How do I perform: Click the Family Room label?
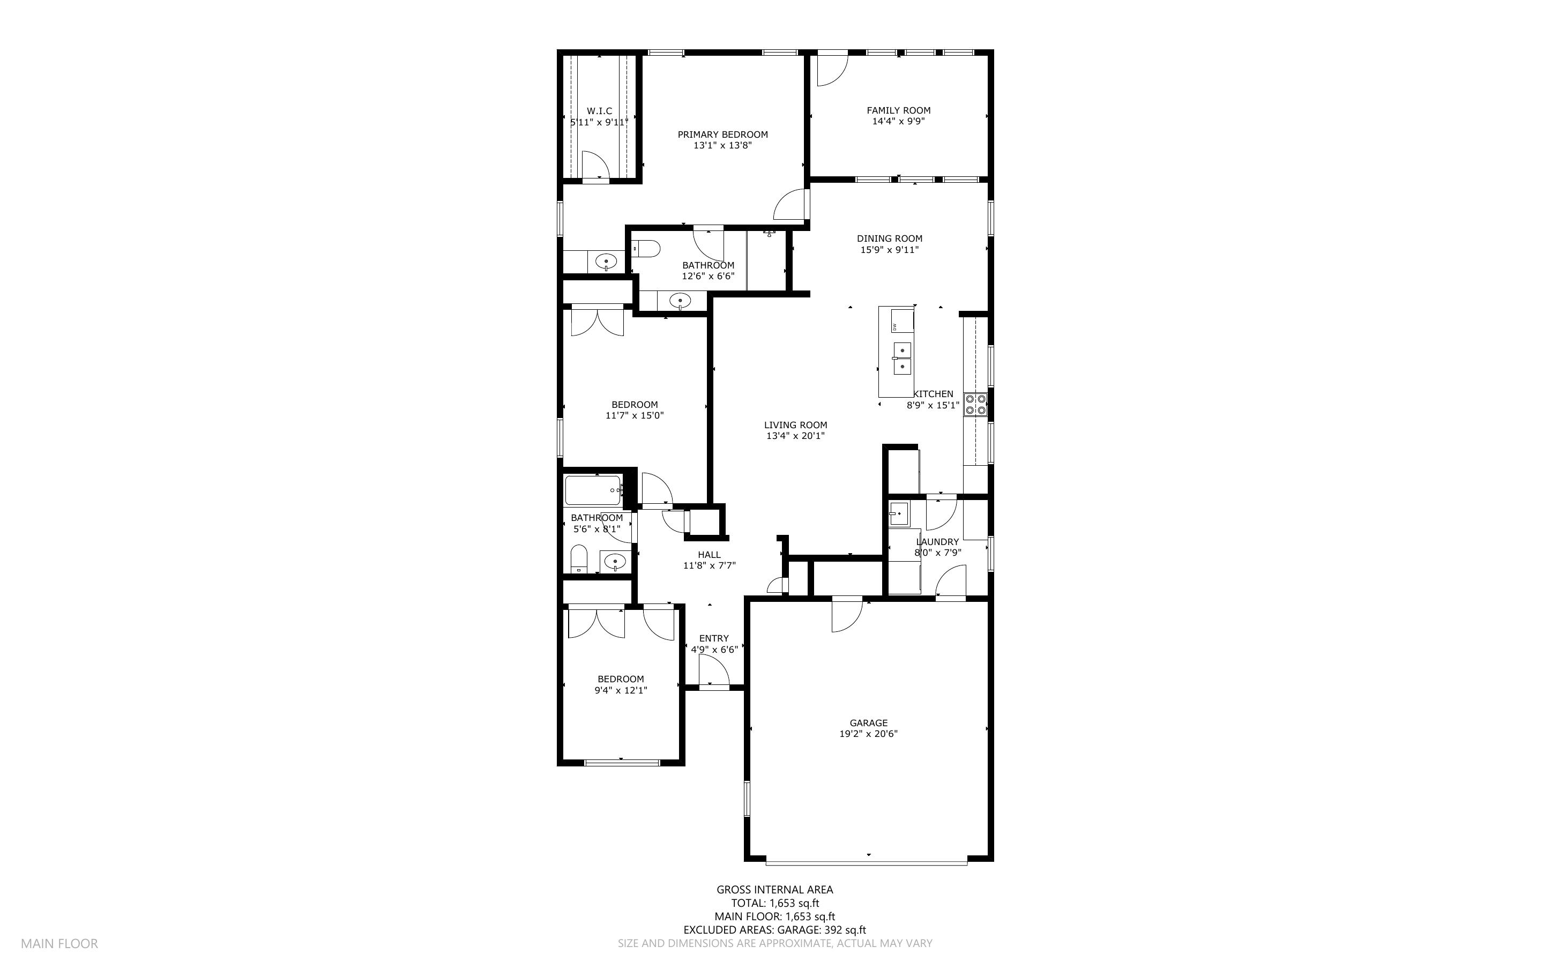click(898, 110)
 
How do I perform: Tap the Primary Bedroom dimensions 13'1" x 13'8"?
click(722, 145)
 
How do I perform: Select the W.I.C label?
click(599, 111)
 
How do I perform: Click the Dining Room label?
click(889, 238)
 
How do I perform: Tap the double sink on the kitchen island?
click(901, 358)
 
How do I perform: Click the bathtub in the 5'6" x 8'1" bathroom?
click(594, 490)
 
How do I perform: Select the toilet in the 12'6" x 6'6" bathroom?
click(646, 249)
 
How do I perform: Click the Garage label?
click(868, 723)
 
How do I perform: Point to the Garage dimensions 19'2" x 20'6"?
click(868, 734)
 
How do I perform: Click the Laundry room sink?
click(898, 514)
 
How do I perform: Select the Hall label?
click(709, 555)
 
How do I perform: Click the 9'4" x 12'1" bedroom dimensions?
click(621, 690)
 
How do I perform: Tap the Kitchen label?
click(933, 394)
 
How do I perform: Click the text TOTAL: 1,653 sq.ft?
click(774, 904)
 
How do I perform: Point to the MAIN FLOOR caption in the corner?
click(59, 943)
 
